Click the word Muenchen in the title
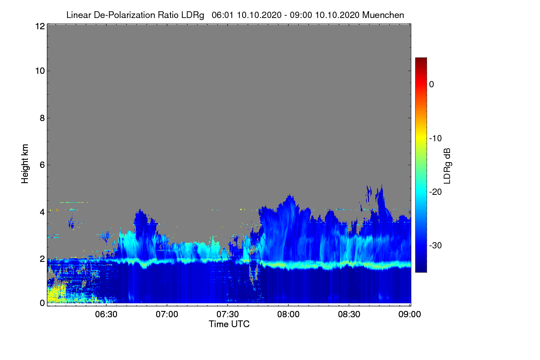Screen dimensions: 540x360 coord(383,15)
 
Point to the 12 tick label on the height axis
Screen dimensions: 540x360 coord(40,26)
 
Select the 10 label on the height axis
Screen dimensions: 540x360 coord(40,71)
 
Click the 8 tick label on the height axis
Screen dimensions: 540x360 coord(42,118)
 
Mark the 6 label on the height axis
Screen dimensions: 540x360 coord(42,165)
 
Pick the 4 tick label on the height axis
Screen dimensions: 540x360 coord(42,212)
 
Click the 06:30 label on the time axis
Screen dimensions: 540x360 coord(106,314)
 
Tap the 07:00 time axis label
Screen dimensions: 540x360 coord(167,314)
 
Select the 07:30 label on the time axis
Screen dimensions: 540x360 coord(228,314)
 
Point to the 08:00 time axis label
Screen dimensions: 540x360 coord(288,314)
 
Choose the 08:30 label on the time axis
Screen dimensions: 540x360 coord(349,314)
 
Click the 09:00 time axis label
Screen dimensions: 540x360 coord(409,314)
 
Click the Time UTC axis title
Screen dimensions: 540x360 coord(229,324)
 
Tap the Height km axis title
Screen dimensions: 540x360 coord(25,164)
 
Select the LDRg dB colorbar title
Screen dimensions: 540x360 coord(447,166)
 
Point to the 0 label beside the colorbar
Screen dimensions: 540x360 coord(432,85)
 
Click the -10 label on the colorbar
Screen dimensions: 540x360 coord(436,139)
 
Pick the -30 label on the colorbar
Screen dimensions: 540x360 coord(436,245)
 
